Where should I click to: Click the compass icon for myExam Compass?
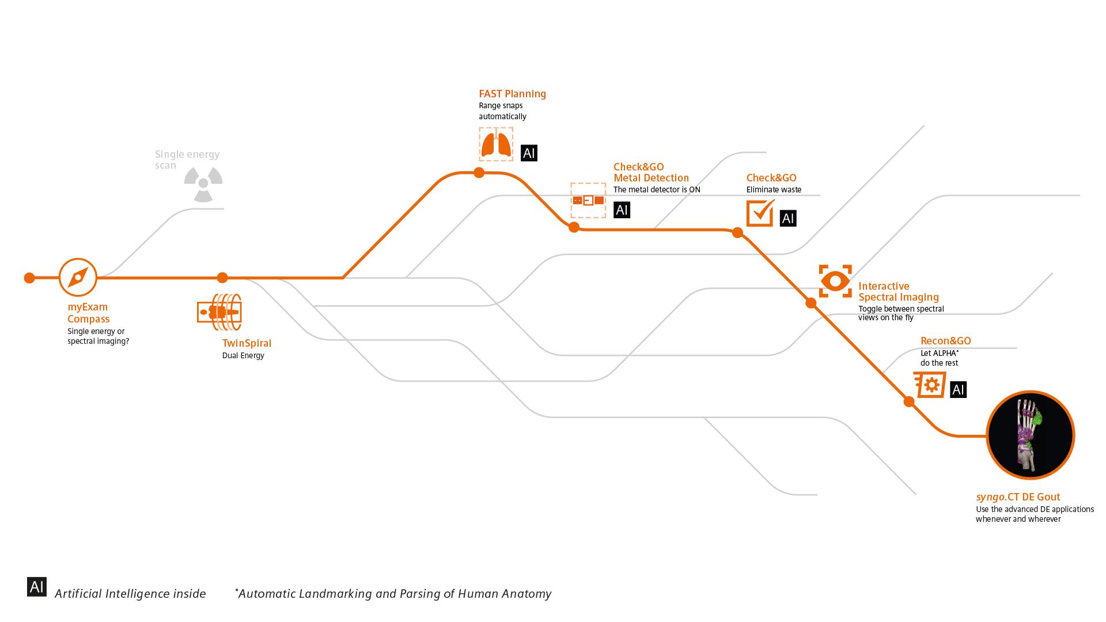78,278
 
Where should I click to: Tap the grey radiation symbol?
203,184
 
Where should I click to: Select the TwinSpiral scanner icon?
219,312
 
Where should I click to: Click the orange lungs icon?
496,144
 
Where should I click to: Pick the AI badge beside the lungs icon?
529,153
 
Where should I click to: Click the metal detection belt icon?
588,200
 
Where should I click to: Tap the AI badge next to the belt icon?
622,210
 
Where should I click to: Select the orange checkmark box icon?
760,213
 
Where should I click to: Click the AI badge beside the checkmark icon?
788,218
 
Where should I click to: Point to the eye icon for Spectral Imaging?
835,281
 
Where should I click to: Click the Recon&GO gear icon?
929,385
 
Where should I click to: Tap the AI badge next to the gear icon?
958,390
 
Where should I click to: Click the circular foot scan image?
1030,435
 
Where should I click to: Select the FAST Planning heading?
512,94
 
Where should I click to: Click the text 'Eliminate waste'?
774,189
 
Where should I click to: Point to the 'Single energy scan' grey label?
187,160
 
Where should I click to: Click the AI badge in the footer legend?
37,587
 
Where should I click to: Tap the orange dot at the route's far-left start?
29,278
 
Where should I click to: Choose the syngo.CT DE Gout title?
1018,497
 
